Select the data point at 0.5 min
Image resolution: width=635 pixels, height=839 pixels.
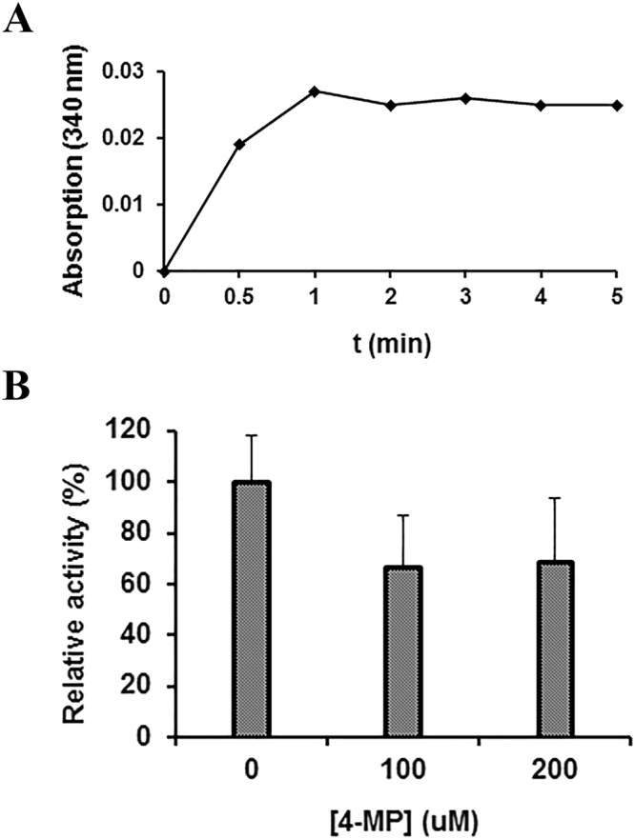coord(239,144)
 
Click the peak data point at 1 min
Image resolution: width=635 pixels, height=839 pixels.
coord(315,91)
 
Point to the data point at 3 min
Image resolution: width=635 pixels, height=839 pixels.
coord(465,98)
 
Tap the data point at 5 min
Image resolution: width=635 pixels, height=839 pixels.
coord(616,105)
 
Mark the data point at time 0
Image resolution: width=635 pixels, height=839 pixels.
coord(165,271)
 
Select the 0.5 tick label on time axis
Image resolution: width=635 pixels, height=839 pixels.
coord(239,296)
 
